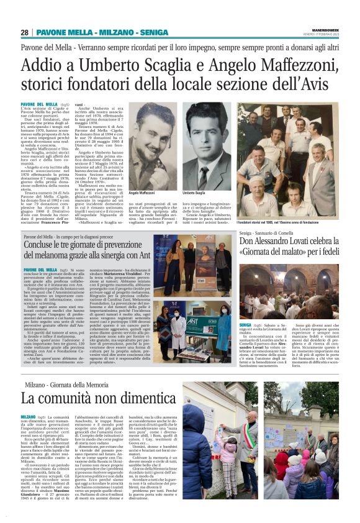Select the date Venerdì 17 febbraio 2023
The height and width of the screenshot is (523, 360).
click(323, 35)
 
